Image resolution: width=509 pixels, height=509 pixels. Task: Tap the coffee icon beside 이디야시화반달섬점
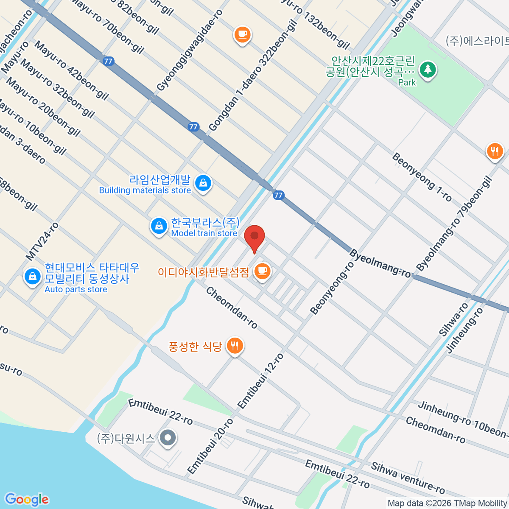pos(262,271)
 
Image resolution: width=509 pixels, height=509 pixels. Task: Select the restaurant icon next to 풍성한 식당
pos(235,346)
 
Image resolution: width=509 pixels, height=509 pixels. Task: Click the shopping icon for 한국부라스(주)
pos(159,226)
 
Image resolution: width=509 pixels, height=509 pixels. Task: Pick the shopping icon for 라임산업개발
pos(203,183)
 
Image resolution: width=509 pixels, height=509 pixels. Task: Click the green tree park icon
pos(428,69)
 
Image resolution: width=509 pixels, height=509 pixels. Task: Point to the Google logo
pos(27,499)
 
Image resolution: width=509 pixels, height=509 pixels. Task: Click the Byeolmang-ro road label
pos(380,264)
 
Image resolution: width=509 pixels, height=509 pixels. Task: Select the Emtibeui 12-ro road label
pos(260,381)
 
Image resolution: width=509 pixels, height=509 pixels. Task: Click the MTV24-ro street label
pos(42,241)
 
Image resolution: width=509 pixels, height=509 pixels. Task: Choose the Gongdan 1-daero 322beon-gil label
pos(253,75)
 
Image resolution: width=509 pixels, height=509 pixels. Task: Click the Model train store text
pos(204,233)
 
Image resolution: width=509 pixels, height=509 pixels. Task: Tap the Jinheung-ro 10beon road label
pos(462,419)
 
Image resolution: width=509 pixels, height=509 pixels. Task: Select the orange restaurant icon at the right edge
pos(495,151)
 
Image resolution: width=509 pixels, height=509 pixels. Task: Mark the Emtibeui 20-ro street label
pos(210,446)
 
